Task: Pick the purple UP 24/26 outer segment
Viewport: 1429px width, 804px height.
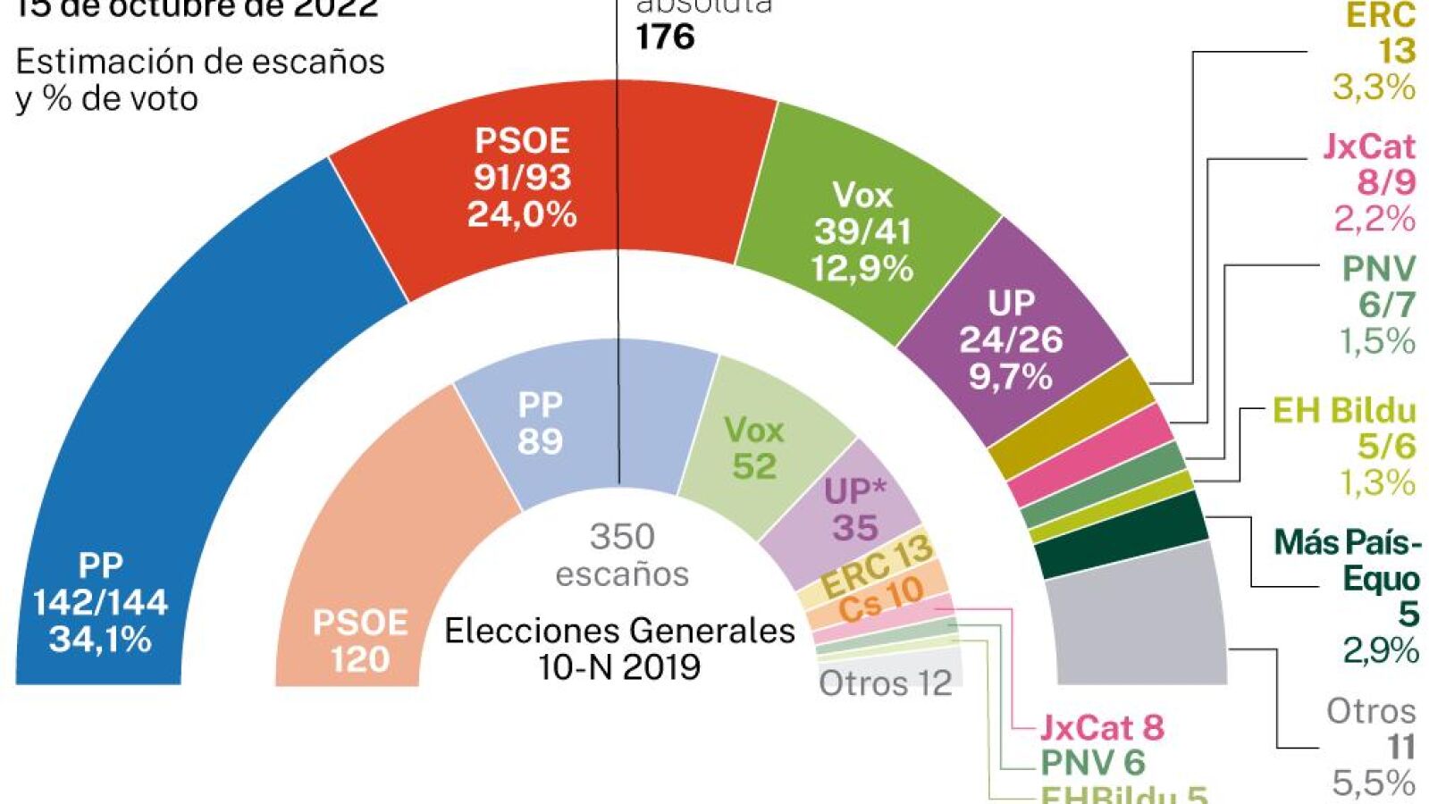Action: [x=1010, y=339]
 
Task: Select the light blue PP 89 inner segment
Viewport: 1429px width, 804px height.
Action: [x=572, y=420]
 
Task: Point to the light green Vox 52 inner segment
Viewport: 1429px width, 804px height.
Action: [x=760, y=447]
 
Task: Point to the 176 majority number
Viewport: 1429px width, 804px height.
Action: [x=665, y=38]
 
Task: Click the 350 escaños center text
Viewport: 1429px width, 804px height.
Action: [x=622, y=555]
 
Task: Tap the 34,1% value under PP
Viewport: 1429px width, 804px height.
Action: [x=100, y=640]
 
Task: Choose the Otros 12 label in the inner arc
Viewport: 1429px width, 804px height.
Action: [x=885, y=684]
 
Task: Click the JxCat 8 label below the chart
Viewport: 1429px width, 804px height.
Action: [x=1102, y=728]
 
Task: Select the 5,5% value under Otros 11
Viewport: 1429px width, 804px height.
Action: [x=1374, y=783]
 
